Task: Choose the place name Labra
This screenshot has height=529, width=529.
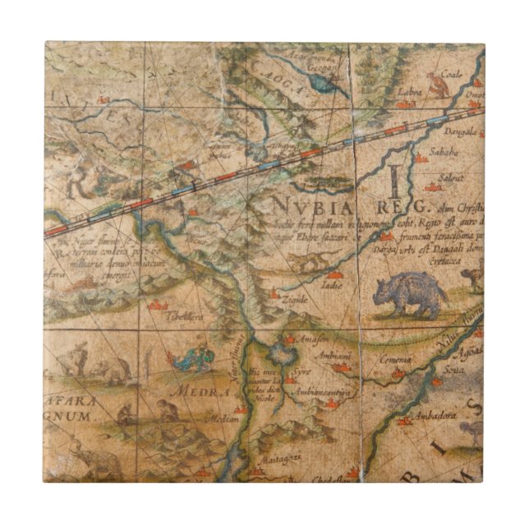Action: pyautogui.click(x=408, y=92)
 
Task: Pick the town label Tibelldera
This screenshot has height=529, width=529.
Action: pyautogui.click(x=187, y=315)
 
